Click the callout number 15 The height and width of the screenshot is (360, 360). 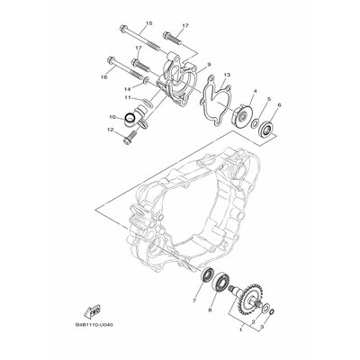click(x=148, y=24)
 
